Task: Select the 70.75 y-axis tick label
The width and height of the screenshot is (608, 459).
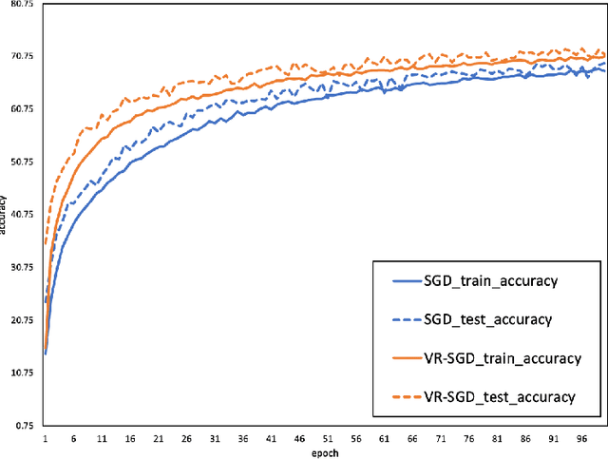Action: pos(18,57)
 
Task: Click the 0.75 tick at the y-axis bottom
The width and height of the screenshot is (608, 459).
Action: pos(20,426)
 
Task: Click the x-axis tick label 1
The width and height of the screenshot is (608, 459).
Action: pos(45,440)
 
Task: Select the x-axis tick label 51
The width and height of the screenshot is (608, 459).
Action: pos(330,440)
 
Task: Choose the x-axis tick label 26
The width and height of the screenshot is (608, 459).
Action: pos(187,440)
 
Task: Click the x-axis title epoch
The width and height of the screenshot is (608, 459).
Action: pos(325,453)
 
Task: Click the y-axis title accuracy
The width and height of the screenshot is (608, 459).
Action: pos(5,215)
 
